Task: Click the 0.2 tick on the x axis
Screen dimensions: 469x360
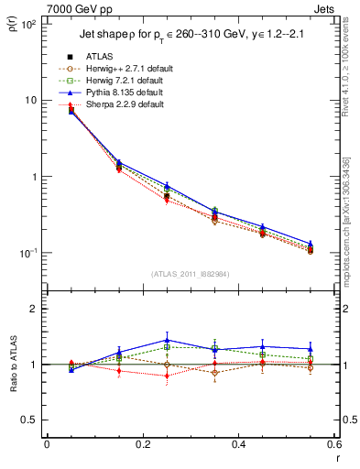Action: tap(142, 445)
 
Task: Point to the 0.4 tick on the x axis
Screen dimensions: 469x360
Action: tap(238, 445)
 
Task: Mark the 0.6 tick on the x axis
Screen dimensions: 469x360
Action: tap(333, 445)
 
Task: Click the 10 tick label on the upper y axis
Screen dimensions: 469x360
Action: tap(30, 100)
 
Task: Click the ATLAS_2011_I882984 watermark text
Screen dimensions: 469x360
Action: tap(191, 274)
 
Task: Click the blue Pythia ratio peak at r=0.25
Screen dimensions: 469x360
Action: tap(167, 339)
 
